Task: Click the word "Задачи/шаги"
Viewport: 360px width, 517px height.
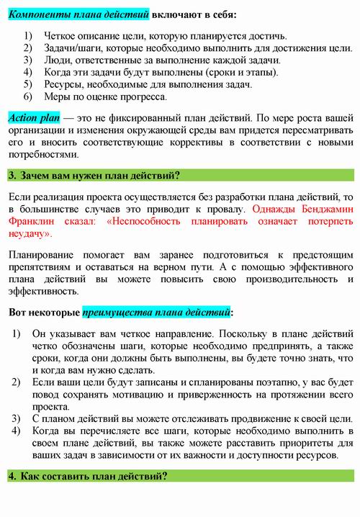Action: pos(73,48)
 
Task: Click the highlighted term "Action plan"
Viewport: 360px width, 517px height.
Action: pos(34,117)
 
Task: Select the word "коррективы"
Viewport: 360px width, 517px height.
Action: pos(179,142)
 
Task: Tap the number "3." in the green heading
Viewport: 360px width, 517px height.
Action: pos(12,175)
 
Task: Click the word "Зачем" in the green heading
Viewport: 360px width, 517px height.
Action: pos(36,175)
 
